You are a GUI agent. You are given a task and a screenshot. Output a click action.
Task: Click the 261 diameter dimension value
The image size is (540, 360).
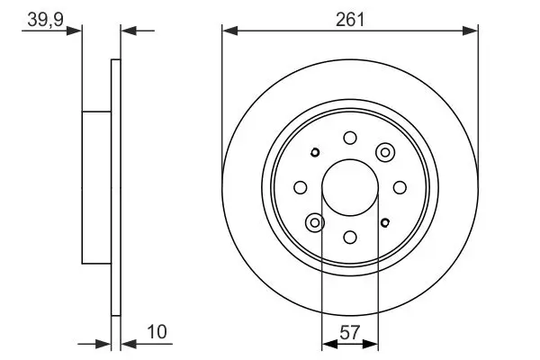(349, 19)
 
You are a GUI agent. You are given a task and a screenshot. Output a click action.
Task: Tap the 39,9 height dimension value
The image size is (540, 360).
(46, 20)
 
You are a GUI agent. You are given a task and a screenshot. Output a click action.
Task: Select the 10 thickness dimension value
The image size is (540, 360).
(157, 332)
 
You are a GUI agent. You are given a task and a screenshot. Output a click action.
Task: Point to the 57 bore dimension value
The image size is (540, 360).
(349, 332)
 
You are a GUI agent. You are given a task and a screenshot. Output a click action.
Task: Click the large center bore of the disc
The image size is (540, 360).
(350, 187)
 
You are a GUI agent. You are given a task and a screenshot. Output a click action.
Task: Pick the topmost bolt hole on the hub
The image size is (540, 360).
(350, 138)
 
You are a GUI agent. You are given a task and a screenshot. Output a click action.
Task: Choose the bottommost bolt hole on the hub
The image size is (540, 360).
(350, 237)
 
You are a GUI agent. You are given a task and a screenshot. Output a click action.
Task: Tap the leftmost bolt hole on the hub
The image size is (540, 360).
(301, 187)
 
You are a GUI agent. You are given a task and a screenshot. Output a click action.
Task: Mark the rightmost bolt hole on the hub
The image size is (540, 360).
(400, 187)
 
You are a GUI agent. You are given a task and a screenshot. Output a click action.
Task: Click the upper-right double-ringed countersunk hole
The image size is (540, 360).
(385, 152)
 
